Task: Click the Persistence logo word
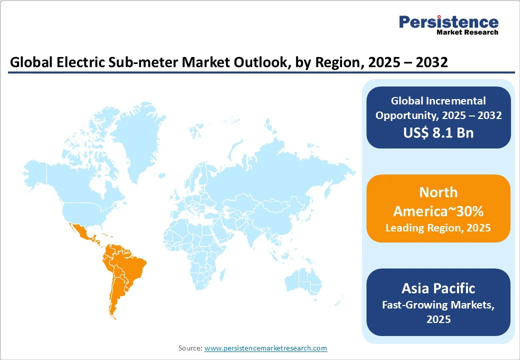point(448,22)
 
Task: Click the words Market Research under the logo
point(467,32)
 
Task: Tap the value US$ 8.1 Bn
point(438,132)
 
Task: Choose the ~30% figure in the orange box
point(469,211)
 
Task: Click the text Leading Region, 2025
point(438,227)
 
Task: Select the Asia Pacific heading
point(438,288)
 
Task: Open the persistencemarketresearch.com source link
point(265,348)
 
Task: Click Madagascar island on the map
point(222,275)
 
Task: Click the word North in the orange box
point(438,192)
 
